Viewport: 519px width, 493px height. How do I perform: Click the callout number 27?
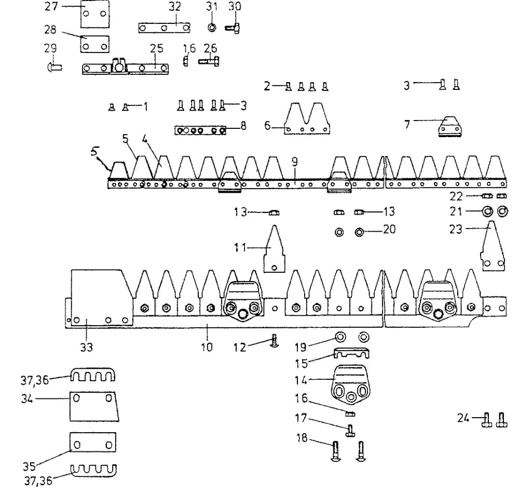pyautogui.click(x=51, y=6)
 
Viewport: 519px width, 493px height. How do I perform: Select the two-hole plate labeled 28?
pyautogui.click(x=94, y=44)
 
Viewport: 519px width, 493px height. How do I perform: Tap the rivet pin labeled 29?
pyautogui.click(x=54, y=67)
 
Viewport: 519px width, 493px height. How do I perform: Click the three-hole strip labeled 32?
pyautogui.click(x=164, y=28)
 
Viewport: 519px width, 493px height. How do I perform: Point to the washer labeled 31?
pyautogui.click(x=212, y=27)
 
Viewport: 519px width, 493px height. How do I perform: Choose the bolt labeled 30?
pyautogui.click(x=233, y=29)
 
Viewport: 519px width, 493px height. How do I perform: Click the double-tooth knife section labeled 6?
pyautogui.click(x=307, y=118)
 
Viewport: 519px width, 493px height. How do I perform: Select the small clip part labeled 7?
pyautogui.click(x=450, y=126)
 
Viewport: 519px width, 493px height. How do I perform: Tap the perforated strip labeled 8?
pyautogui.click(x=200, y=130)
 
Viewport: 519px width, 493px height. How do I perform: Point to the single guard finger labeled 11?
pyautogui.click(x=274, y=249)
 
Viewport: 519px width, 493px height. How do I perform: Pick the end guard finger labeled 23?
pyautogui.click(x=493, y=246)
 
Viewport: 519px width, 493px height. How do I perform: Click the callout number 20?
pyautogui.click(x=389, y=229)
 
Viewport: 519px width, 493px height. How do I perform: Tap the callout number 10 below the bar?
pyautogui.click(x=207, y=347)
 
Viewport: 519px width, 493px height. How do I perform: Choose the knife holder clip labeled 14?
pyautogui.click(x=351, y=384)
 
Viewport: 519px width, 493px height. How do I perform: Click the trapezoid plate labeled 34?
pyautogui.click(x=94, y=407)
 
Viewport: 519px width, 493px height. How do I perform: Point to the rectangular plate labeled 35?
pyautogui.click(x=93, y=442)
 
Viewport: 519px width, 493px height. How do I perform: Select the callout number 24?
pyautogui.click(x=463, y=418)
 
